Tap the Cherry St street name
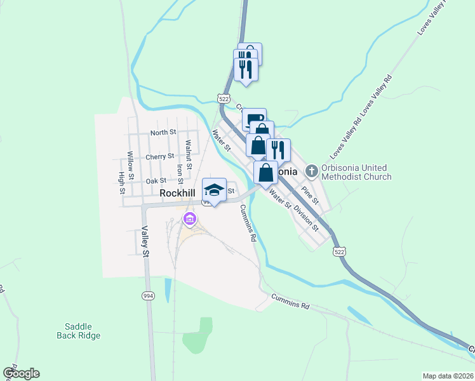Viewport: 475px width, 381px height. (159, 156)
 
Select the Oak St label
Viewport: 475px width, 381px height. (156, 181)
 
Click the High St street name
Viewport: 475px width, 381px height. (121, 183)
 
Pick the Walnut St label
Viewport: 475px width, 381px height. (189, 152)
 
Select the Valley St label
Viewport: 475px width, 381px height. (145, 242)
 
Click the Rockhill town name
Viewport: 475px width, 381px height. (178, 192)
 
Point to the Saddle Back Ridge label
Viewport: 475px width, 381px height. (79, 330)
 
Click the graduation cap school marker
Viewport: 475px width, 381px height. (214, 190)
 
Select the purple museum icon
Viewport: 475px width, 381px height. (189, 220)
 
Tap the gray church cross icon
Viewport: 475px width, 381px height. (311, 170)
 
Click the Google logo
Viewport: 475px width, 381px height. (21, 373)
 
